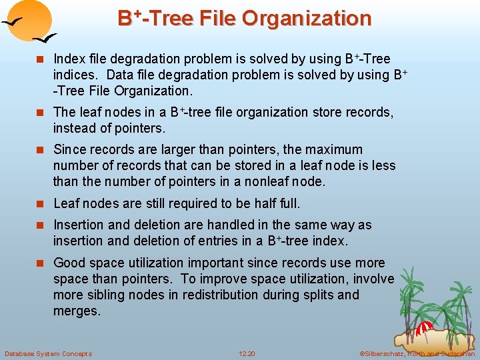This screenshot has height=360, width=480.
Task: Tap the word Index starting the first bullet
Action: (x=68, y=59)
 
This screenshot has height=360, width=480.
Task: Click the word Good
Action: (x=69, y=263)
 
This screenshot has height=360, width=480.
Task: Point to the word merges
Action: (x=77, y=311)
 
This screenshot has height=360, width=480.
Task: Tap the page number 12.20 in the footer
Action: (x=247, y=353)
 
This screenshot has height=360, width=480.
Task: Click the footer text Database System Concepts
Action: (x=48, y=353)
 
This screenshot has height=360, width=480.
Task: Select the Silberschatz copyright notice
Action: (x=417, y=353)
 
